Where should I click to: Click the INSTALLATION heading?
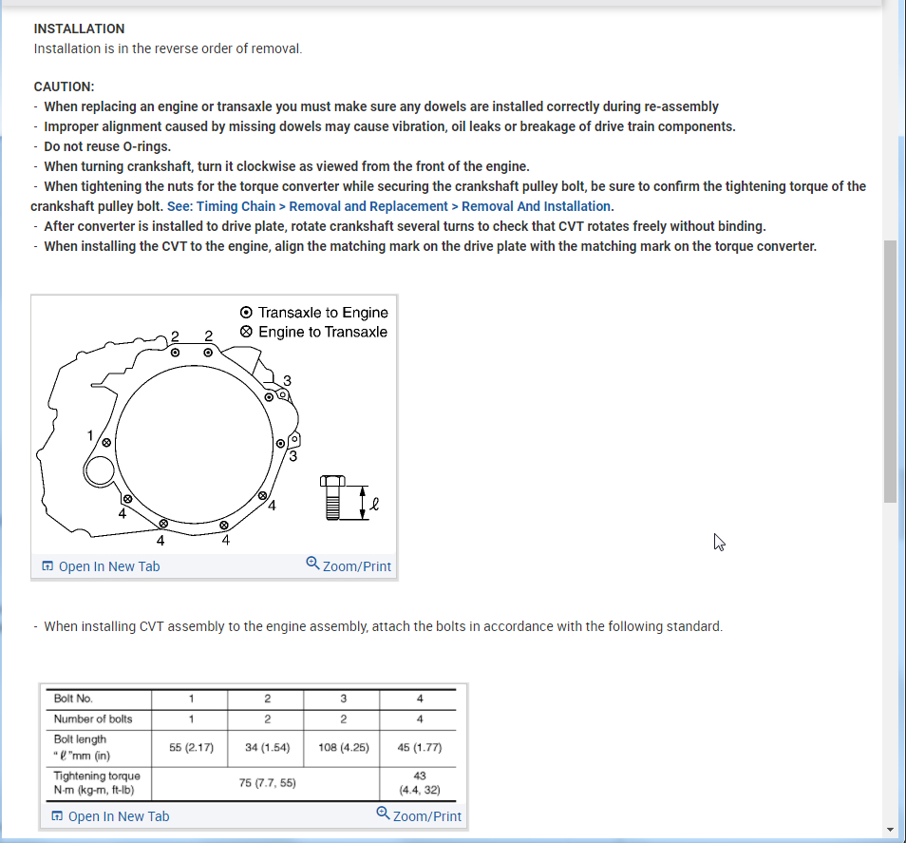[79, 29]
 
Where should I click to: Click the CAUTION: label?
[64, 86]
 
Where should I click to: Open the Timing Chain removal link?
[389, 206]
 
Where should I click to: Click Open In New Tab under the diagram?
[101, 566]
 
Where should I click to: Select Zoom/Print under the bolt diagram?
[349, 565]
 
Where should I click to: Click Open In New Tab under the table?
[110, 816]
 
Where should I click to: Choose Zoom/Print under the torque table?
[419, 815]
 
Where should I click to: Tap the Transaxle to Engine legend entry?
[322, 313]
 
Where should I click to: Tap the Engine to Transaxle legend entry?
[322, 332]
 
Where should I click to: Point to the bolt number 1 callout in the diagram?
[91, 436]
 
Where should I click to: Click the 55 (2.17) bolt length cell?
[191, 747]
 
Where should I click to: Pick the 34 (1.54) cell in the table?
[267, 747]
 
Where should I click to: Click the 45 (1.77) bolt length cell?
[420, 747]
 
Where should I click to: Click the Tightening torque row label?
[97, 783]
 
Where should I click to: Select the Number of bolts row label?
[93, 718]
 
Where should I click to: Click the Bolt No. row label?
[74, 699]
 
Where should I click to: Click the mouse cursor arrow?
[719, 542]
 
